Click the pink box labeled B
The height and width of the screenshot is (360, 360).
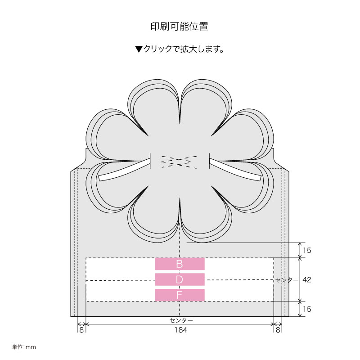180,264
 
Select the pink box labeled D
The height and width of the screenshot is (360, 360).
180,279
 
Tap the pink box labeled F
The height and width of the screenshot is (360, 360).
180,295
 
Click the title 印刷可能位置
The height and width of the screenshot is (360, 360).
179,27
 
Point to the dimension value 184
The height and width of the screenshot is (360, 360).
181,330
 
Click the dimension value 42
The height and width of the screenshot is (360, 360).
307,279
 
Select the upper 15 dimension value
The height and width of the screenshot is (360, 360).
307,250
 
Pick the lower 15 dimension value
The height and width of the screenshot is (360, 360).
307,309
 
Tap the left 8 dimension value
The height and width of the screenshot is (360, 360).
81,330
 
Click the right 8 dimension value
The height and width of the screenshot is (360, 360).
278,330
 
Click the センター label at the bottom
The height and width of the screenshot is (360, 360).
181,320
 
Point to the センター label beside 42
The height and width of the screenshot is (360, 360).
287,280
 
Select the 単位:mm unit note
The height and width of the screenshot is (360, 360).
24,347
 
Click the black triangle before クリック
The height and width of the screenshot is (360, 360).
139,49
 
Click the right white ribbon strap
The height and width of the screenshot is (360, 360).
235,170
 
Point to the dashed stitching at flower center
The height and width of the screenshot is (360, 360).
179,162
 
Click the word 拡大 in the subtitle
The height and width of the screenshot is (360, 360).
189,49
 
